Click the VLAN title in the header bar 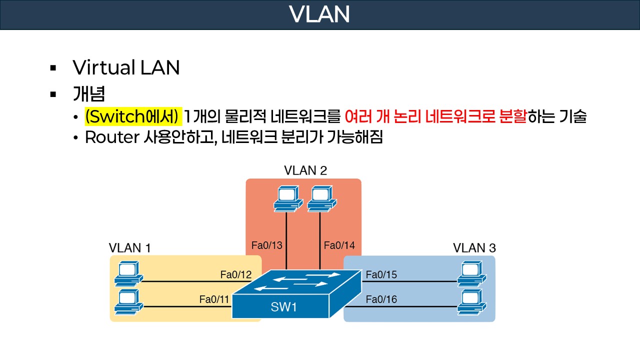pyautogui.click(x=319, y=14)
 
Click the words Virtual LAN pyautogui.click(x=126, y=67)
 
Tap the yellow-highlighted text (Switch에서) pyautogui.click(x=132, y=117)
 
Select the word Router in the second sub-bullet pyautogui.click(x=110, y=137)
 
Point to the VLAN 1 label pyautogui.click(x=130, y=247)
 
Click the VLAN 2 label pyautogui.click(x=305, y=170)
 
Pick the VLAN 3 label pyautogui.click(x=474, y=247)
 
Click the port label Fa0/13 pyautogui.click(x=266, y=245)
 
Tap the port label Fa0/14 pyautogui.click(x=339, y=245)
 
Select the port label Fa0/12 pyautogui.click(x=235, y=274)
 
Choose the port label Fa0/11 pyautogui.click(x=214, y=299)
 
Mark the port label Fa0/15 pyautogui.click(x=381, y=274)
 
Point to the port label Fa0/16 pyautogui.click(x=381, y=299)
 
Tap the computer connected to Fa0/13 pyautogui.click(x=288, y=198)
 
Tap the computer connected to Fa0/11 pyautogui.click(x=127, y=301)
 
